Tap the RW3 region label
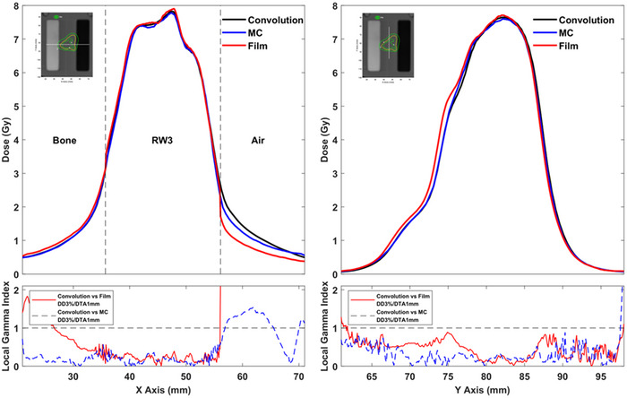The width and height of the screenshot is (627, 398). (162, 141)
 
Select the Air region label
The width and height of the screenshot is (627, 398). (266, 141)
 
